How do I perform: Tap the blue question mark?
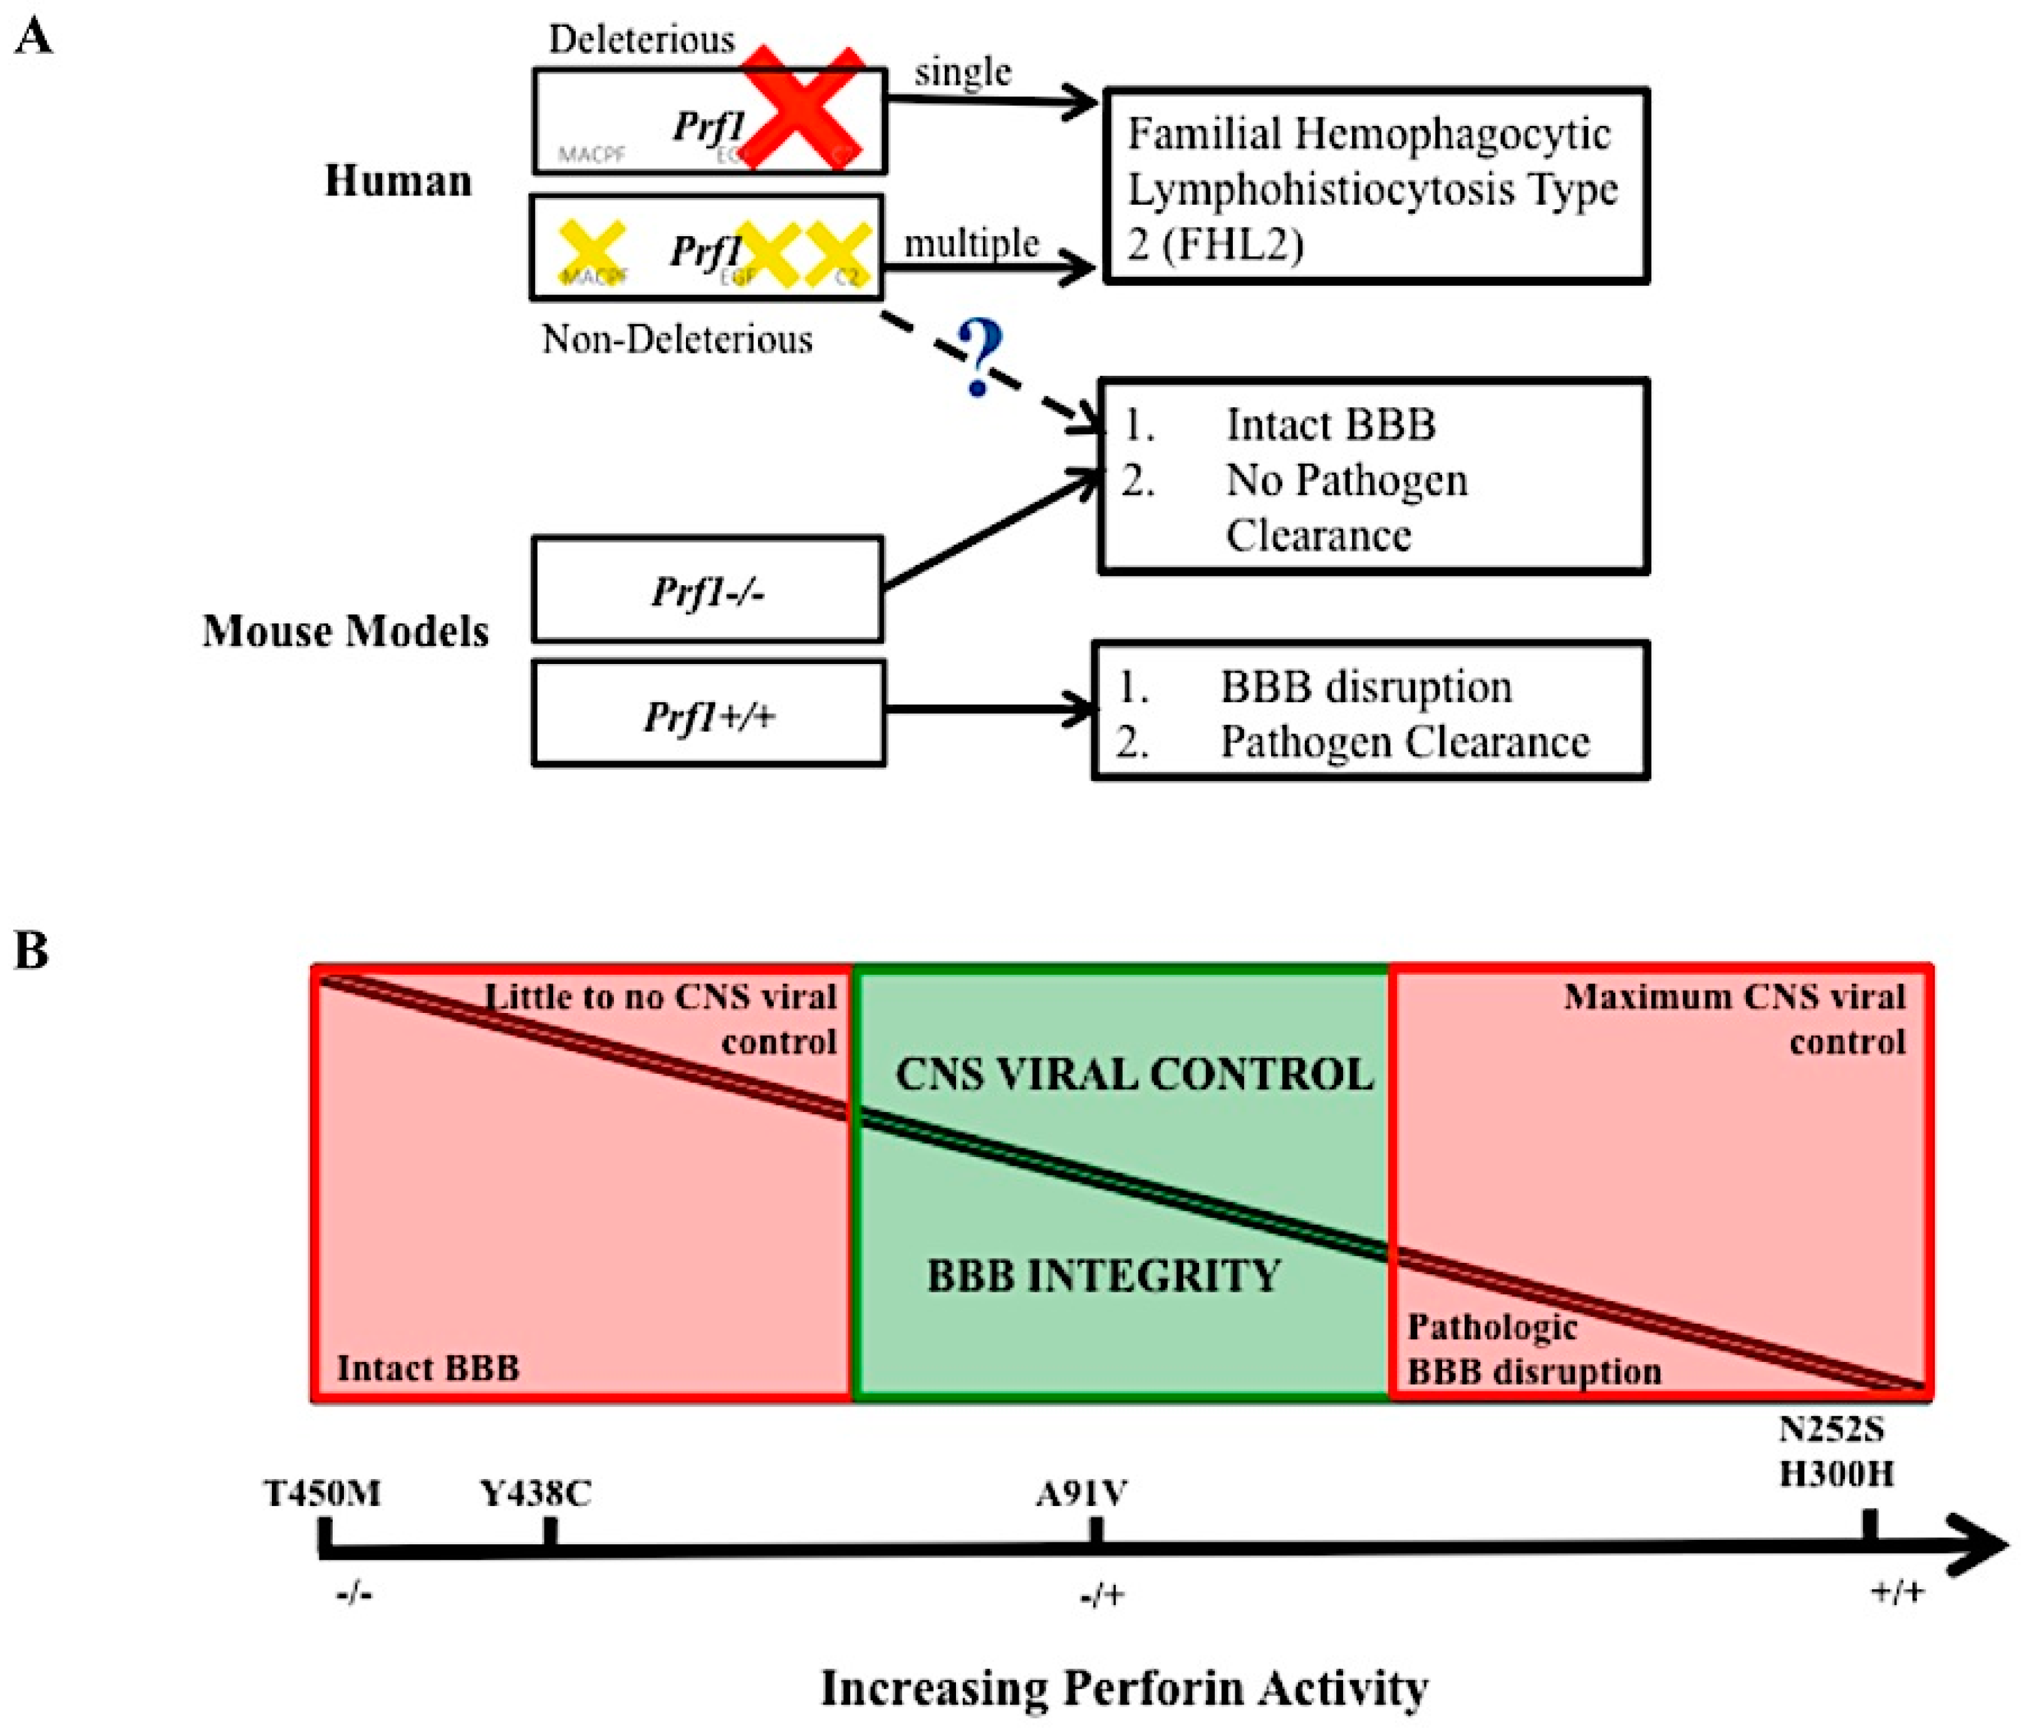(979, 358)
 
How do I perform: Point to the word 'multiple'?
(970, 243)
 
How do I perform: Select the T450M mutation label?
(322, 1493)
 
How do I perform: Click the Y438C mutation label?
(536, 1493)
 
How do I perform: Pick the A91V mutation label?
(1082, 1493)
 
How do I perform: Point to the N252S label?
(1832, 1430)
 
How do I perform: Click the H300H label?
(1836, 1473)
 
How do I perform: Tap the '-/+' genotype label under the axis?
(1102, 1596)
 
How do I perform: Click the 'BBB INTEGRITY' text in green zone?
(1103, 1275)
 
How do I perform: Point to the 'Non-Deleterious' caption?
(677, 340)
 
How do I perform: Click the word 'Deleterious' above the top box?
(641, 39)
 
